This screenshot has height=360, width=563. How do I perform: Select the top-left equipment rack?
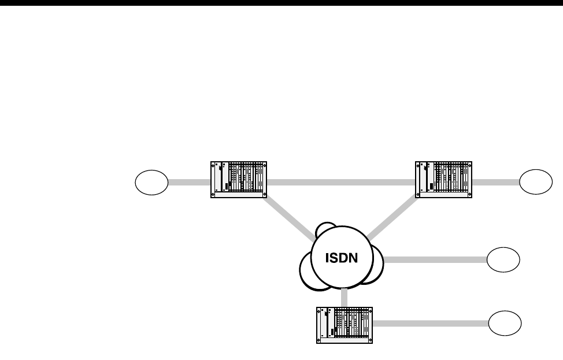click(238, 180)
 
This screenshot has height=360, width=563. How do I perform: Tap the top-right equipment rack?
click(444, 180)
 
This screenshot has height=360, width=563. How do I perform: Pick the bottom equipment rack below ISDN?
click(345, 325)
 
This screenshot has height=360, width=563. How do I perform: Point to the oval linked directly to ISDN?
click(503, 260)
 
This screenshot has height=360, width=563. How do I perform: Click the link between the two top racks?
click(341, 183)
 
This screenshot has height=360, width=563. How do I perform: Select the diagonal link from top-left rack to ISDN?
click(289, 219)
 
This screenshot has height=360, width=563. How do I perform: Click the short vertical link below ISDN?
click(345, 297)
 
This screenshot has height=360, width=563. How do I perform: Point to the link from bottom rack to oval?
click(430, 322)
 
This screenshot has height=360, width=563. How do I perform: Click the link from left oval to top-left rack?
click(189, 183)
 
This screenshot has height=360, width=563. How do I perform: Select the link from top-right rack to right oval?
click(495, 183)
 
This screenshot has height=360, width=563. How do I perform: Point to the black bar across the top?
click(281, 2)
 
